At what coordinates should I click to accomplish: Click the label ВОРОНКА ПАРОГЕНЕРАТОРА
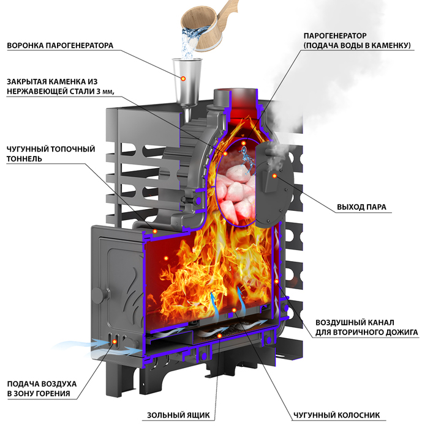(x=60, y=45)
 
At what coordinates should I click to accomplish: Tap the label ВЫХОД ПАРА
(x=361, y=207)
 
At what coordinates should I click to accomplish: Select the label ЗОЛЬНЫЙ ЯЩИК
(x=178, y=415)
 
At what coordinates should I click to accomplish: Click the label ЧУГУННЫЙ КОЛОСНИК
(x=336, y=415)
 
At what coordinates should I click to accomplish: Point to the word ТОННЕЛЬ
(x=24, y=158)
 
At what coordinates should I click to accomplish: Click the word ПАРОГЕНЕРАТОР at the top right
(x=335, y=35)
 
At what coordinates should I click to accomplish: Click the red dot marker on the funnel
(x=183, y=79)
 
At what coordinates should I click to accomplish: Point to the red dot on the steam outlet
(x=274, y=176)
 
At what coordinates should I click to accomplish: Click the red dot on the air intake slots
(x=115, y=341)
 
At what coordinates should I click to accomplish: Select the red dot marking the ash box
(x=219, y=336)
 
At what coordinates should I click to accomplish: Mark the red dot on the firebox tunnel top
(x=155, y=231)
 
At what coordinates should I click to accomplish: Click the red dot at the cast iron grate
(x=234, y=310)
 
